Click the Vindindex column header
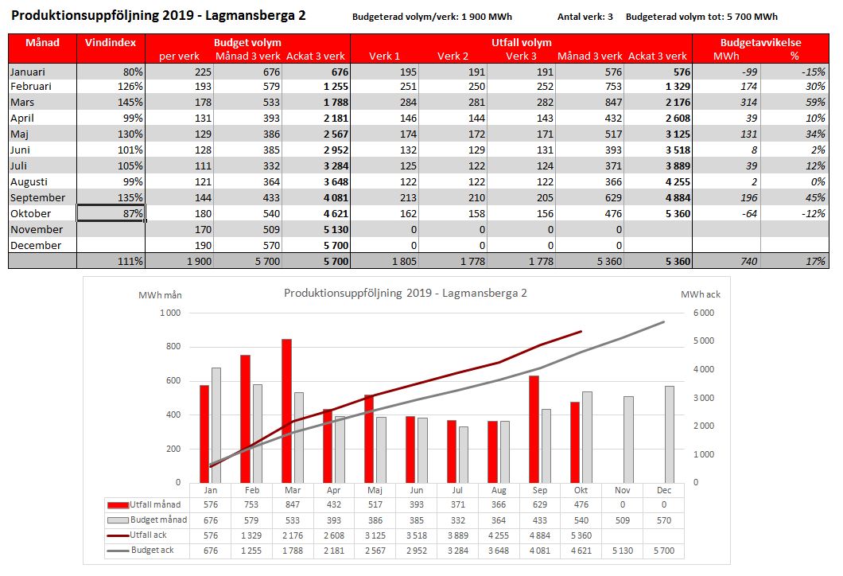coord(111,42)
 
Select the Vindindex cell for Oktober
coord(111,213)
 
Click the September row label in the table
coord(37,197)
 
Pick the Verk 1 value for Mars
coord(408,102)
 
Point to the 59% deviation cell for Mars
coord(815,102)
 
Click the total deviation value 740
coord(748,262)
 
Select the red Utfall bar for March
coord(286,411)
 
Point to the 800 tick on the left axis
coord(173,347)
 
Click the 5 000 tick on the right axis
coord(704,341)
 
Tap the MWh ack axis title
coord(700,294)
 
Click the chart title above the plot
coord(406,293)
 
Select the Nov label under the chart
coord(623,491)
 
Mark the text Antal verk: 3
coord(585,17)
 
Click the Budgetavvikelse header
coord(761,42)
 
